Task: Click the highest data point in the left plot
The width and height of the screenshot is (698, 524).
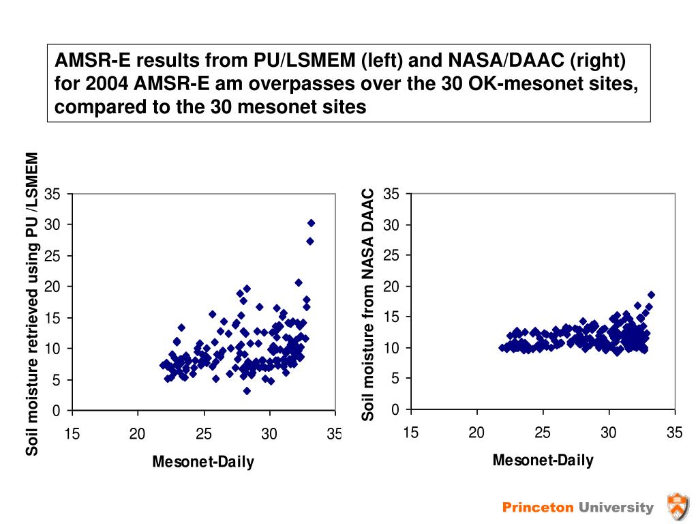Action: pyautogui.click(x=311, y=223)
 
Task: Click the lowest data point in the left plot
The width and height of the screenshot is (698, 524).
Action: pyautogui.click(x=247, y=391)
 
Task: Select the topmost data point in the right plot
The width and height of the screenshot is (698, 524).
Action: pyautogui.click(x=651, y=295)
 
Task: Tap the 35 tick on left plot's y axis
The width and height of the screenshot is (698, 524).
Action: pyautogui.click(x=52, y=194)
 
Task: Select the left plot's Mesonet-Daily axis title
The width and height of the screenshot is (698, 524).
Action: pyautogui.click(x=203, y=463)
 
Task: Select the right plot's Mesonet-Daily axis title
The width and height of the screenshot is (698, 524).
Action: pyautogui.click(x=543, y=460)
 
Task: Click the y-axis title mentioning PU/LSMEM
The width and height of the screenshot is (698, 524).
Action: pyautogui.click(x=31, y=304)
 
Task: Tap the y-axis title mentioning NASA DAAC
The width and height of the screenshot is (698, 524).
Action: pyautogui.click(x=369, y=304)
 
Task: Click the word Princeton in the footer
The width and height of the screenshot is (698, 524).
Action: pyautogui.click(x=538, y=507)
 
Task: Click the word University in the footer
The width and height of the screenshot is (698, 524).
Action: pyautogui.click(x=616, y=507)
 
